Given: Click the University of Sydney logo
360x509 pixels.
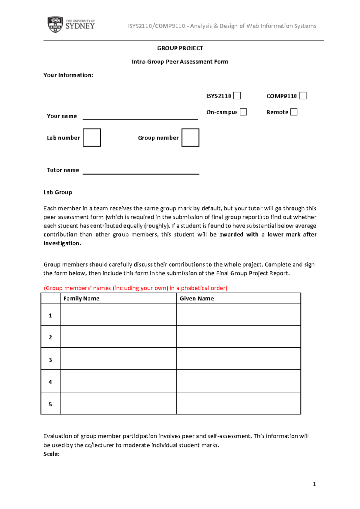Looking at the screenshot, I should point(71,25).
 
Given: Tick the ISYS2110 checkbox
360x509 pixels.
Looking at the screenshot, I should point(237,96).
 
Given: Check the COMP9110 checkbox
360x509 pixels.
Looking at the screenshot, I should point(303,96).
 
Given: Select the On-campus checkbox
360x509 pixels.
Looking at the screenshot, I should point(243,112).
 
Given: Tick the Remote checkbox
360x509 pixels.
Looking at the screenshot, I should point(294,112).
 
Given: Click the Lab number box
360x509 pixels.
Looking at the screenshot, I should point(92,137).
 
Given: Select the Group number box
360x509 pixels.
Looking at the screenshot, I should point(190,137).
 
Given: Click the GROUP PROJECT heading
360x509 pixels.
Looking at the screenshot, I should point(180,48).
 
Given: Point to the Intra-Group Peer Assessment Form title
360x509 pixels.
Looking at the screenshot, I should point(180,62).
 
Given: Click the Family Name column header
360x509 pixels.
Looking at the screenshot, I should point(81,298).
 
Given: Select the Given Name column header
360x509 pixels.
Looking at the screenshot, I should point(197,298).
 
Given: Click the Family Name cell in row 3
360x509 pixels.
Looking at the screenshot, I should point(118,359).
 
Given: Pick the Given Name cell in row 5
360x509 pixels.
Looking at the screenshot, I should point(238,403).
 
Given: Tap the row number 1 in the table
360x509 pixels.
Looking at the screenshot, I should point(50,315).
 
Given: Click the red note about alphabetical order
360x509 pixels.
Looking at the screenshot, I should point(136,288).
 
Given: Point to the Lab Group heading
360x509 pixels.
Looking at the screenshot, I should point(58,192).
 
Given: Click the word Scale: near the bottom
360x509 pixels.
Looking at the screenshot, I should point(52,454).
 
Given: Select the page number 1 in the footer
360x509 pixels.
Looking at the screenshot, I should point(314,484).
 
